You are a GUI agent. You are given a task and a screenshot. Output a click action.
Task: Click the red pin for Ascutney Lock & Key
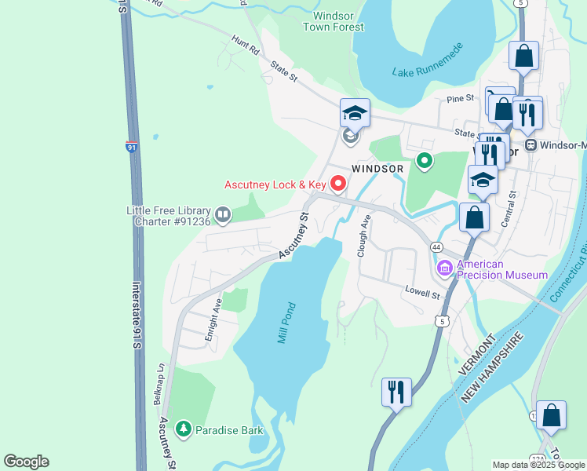339,184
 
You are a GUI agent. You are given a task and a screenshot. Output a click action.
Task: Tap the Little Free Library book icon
223,214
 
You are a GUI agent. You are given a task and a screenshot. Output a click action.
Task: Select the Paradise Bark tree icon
183,429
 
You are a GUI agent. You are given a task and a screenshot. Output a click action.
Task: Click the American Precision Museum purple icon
445,269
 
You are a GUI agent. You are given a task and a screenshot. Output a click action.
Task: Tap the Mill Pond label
286,323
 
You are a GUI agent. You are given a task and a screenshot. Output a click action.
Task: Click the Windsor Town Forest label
334,21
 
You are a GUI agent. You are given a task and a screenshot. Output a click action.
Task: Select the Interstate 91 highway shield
131,146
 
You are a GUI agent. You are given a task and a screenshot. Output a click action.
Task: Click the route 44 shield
436,246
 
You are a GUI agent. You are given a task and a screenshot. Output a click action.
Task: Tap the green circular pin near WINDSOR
425,162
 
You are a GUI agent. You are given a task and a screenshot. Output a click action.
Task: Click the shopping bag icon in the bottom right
552,416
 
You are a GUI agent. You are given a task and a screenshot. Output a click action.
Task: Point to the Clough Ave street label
363,236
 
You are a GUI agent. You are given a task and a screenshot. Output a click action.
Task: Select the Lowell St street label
423,293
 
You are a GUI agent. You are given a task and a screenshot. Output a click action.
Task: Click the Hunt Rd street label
244,43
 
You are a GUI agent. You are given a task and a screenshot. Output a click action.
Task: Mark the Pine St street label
461,99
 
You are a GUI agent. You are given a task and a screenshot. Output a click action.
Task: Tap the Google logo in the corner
26,462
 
